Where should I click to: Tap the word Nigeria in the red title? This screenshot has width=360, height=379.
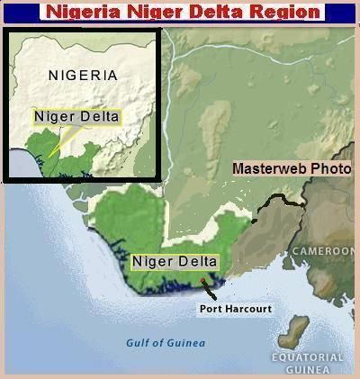coord(84,12)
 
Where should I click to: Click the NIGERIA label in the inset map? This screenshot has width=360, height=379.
coord(83,75)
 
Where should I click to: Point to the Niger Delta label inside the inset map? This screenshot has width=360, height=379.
coord(76,116)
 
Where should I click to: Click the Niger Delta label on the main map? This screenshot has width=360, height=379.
coord(175,262)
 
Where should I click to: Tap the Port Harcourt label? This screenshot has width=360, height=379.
coord(235,309)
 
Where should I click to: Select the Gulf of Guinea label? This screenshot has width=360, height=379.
coord(166,343)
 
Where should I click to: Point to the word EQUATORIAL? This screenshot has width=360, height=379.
coord(307,357)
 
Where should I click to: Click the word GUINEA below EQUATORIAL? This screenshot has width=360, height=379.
coord(307,369)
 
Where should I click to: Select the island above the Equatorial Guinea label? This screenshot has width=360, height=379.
coord(294,330)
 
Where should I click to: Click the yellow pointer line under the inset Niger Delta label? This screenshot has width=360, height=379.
coord(60,140)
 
